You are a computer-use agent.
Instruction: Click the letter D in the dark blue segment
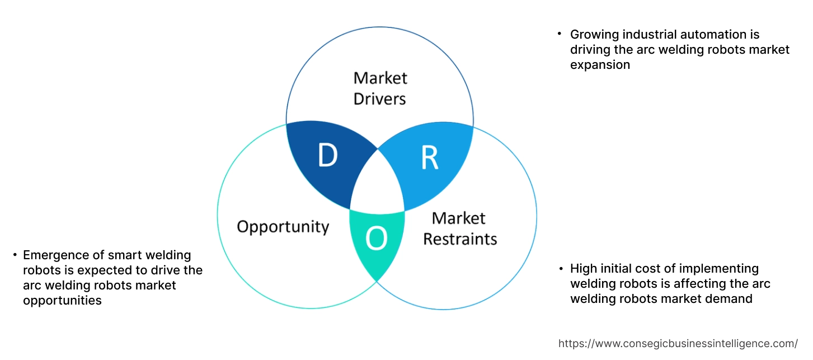click(x=327, y=156)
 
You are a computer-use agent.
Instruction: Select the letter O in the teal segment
click(x=376, y=239)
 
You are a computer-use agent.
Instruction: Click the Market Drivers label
click(x=380, y=88)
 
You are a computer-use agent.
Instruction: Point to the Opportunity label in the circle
click(x=283, y=227)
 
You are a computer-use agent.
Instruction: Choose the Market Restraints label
click(x=459, y=228)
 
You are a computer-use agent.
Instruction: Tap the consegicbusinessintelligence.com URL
click(x=678, y=343)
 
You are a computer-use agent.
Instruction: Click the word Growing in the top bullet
click(x=594, y=35)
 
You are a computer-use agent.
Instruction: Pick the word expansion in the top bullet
click(x=600, y=64)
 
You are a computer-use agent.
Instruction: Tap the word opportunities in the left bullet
click(x=62, y=300)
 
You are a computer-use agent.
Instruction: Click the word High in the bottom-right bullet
click(x=583, y=269)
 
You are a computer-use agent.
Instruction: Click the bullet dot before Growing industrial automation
click(x=560, y=34)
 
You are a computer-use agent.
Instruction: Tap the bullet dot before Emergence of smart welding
click(x=15, y=255)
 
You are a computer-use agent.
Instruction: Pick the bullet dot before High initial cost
click(x=561, y=269)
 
